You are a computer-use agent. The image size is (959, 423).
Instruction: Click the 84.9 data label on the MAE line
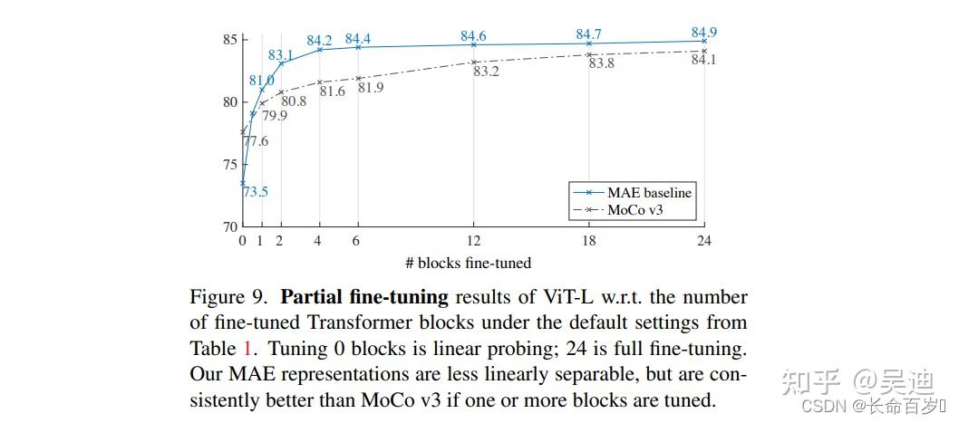pos(704,33)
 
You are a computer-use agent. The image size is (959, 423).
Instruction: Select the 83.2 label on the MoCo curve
pos(487,71)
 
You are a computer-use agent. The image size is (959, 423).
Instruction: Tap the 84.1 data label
pos(704,60)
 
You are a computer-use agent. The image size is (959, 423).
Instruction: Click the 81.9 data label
pos(371,87)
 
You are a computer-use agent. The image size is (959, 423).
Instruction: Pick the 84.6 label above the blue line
pos(473,36)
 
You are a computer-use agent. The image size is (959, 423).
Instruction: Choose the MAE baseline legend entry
pos(650,192)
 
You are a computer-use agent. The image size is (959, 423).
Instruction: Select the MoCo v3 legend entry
pos(642,210)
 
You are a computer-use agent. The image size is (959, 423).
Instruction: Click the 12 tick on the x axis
pos(473,241)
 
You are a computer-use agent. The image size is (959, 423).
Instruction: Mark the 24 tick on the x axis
pos(703,241)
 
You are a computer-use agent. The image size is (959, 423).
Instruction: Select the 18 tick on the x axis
pos(588,241)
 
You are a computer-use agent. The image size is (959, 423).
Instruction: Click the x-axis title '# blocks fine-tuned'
pos(469,263)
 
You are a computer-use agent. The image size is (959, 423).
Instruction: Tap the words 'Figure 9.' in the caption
pos(230,297)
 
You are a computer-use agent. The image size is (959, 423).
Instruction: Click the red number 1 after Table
pos(248,348)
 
